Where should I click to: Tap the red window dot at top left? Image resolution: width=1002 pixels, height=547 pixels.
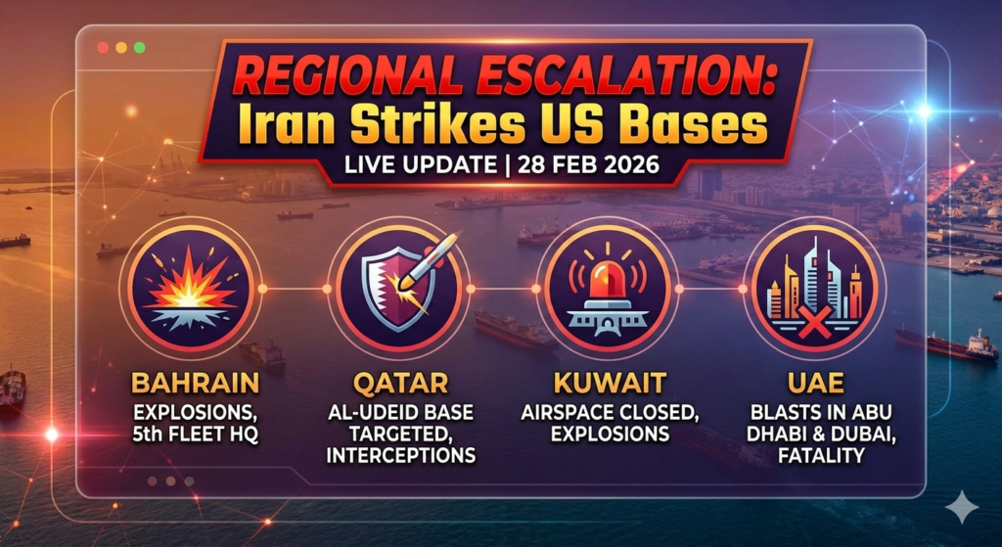coord(103,47)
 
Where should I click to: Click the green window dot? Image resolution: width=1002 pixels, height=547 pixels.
coord(140,47)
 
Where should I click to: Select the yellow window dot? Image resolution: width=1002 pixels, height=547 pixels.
coord(121,47)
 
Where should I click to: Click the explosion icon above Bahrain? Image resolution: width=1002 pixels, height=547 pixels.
coord(191,288)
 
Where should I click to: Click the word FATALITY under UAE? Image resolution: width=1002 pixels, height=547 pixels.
coord(816,456)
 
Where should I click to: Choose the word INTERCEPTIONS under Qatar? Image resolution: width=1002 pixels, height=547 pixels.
coord(400,456)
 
